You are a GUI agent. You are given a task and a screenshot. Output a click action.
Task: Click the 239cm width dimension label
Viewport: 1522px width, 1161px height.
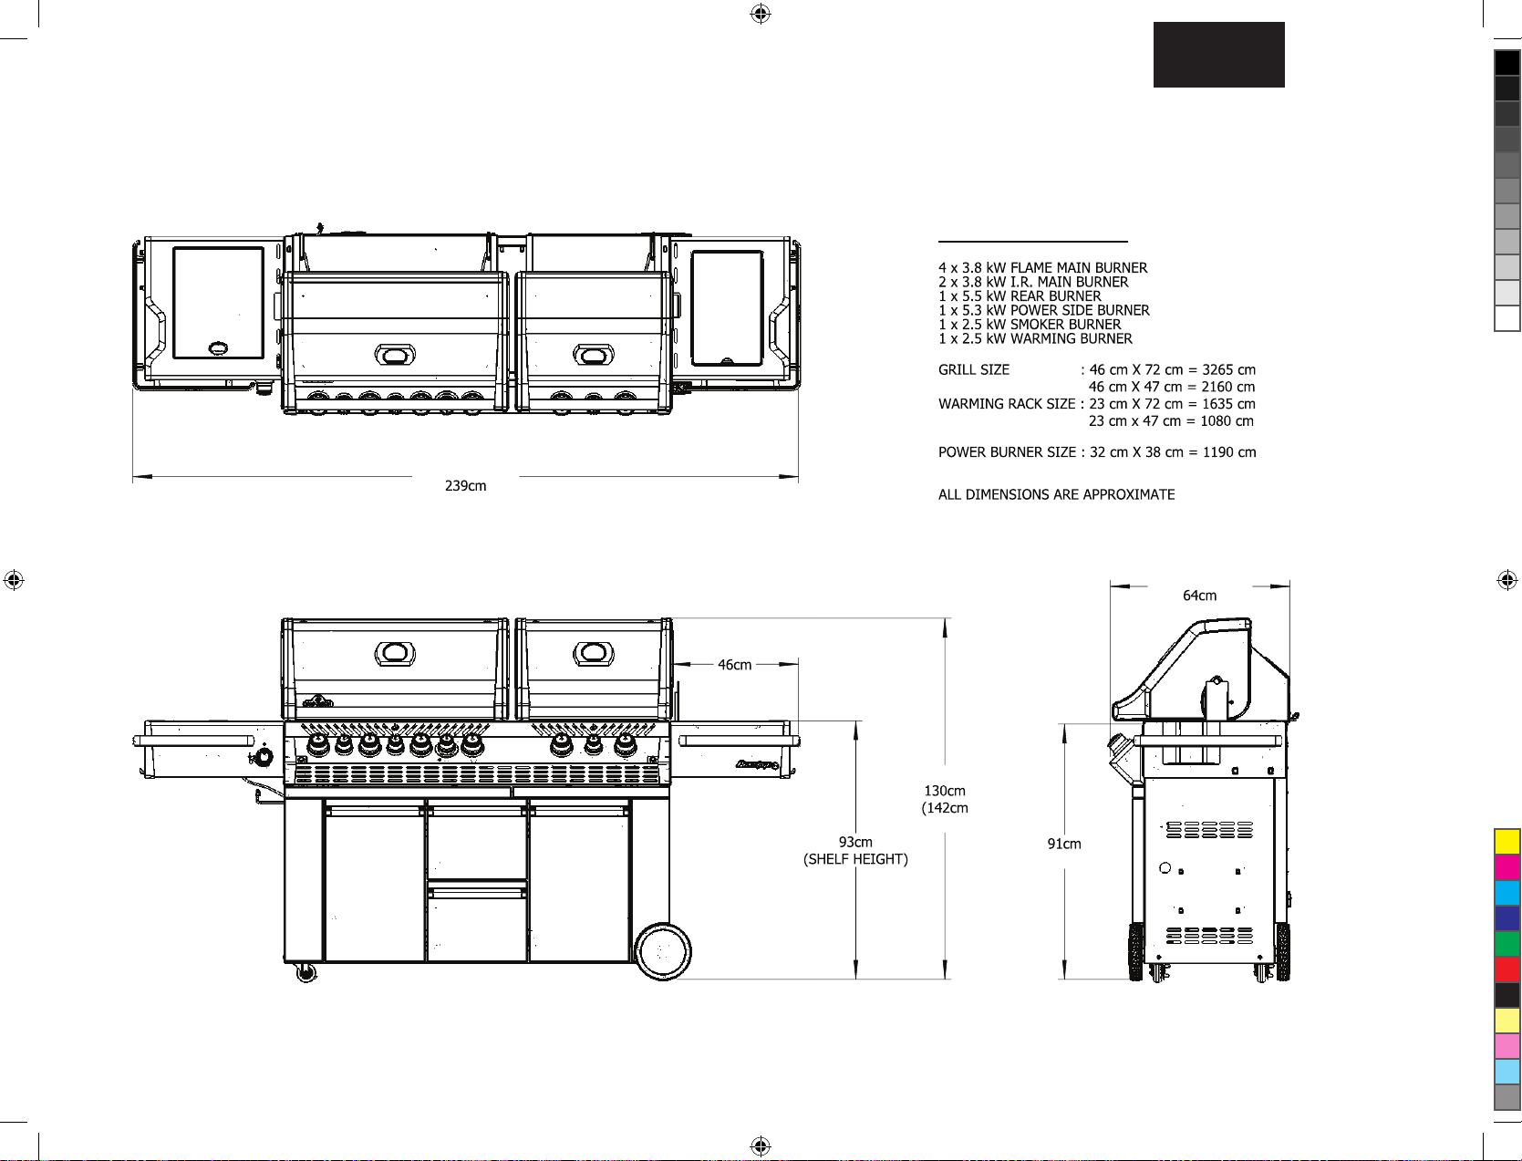pyautogui.click(x=465, y=486)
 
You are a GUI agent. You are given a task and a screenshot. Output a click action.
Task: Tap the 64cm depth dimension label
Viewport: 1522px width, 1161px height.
pyautogui.click(x=1199, y=596)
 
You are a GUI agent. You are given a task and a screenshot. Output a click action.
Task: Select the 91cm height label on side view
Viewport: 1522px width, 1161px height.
pyautogui.click(x=1064, y=844)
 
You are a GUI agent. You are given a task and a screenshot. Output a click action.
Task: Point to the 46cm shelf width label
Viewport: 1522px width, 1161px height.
pyautogui.click(x=734, y=665)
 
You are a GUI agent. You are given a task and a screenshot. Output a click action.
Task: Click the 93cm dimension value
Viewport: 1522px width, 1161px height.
pyautogui.click(x=855, y=842)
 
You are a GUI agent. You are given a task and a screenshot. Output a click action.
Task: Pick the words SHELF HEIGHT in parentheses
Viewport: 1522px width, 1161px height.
pyautogui.click(x=855, y=859)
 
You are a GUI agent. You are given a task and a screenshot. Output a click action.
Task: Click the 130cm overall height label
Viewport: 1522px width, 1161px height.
pyautogui.click(x=945, y=790)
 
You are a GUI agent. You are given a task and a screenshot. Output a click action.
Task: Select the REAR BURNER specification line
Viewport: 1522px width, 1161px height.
pyautogui.click(x=1020, y=296)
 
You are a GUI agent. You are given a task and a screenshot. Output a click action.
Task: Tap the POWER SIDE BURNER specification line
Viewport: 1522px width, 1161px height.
pyautogui.click(x=1043, y=310)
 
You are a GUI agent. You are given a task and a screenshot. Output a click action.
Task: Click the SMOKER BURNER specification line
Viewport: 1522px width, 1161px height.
pyautogui.click(x=1029, y=325)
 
